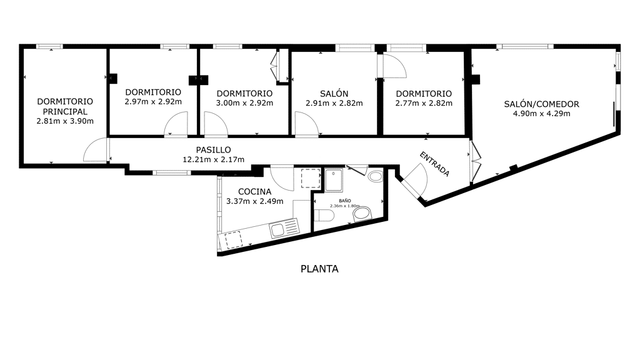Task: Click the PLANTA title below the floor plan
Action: click(x=319, y=269)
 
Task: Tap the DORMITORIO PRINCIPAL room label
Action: click(x=65, y=106)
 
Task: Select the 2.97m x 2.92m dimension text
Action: click(x=153, y=102)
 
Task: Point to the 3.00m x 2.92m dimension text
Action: click(x=244, y=103)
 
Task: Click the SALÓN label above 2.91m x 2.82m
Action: click(x=334, y=94)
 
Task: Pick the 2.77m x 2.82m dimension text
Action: click(x=424, y=103)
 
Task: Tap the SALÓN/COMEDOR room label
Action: click(x=542, y=104)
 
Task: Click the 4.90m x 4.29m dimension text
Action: click(x=542, y=114)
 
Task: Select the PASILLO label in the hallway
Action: click(x=214, y=150)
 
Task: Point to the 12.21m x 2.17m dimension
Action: click(x=214, y=159)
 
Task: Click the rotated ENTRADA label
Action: click(x=435, y=164)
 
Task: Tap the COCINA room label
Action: click(x=255, y=191)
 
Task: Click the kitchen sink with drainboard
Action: click(x=284, y=227)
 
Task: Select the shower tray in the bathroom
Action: click(x=334, y=180)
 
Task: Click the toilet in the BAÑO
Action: click(x=324, y=215)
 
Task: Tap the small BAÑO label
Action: click(x=345, y=201)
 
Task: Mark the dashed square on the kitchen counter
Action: click(x=234, y=239)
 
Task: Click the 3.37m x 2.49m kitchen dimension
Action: click(x=255, y=201)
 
